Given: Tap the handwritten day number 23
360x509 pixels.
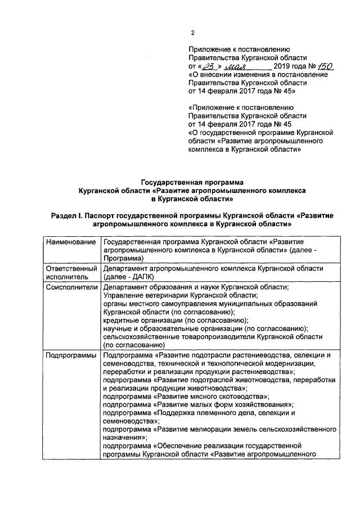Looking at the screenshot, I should pos(214,66).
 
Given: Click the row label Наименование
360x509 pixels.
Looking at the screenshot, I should pos(70,242).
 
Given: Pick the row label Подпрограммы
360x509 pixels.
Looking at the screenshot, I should pos(71,355).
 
